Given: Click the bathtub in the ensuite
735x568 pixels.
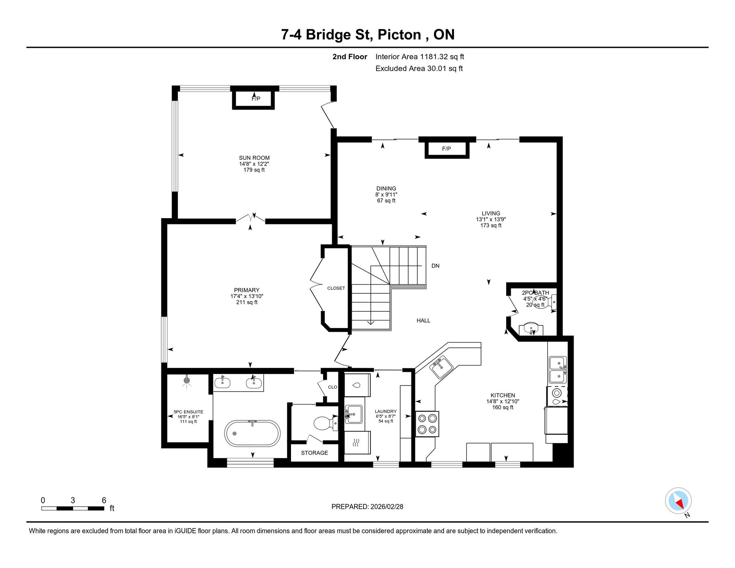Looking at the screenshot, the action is pyautogui.click(x=252, y=433).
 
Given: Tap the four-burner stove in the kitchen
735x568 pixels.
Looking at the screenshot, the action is pyautogui.click(x=427, y=424).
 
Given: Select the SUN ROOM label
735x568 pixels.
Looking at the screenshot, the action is pyautogui.click(x=254, y=158).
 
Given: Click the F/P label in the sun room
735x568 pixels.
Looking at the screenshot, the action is pyautogui.click(x=256, y=98).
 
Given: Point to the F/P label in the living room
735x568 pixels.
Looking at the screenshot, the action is pyautogui.click(x=446, y=149).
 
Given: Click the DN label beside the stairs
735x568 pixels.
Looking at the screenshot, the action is pyautogui.click(x=436, y=266).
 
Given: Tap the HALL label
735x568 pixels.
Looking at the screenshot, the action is pyautogui.click(x=423, y=321).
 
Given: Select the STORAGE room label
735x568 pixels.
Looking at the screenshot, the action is pyautogui.click(x=314, y=453).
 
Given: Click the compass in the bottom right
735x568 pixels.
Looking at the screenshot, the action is pyautogui.click(x=678, y=501).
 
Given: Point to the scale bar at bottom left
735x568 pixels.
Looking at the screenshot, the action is pyautogui.click(x=73, y=508).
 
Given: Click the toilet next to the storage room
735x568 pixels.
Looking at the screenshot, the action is pyautogui.click(x=325, y=423).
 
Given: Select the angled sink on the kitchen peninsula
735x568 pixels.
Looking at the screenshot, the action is pyautogui.click(x=441, y=367).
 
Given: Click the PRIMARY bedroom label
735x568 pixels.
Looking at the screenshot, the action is pyautogui.click(x=247, y=290).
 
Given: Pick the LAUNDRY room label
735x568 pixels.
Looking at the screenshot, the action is pyautogui.click(x=386, y=412).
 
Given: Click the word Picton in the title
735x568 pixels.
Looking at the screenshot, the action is pyautogui.click(x=399, y=35).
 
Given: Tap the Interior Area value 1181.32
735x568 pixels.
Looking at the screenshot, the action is pyautogui.click(x=434, y=57).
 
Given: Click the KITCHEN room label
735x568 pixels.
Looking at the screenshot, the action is pyautogui.click(x=503, y=395).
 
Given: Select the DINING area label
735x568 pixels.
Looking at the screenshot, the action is pyautogui.click(x=386, y=189).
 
